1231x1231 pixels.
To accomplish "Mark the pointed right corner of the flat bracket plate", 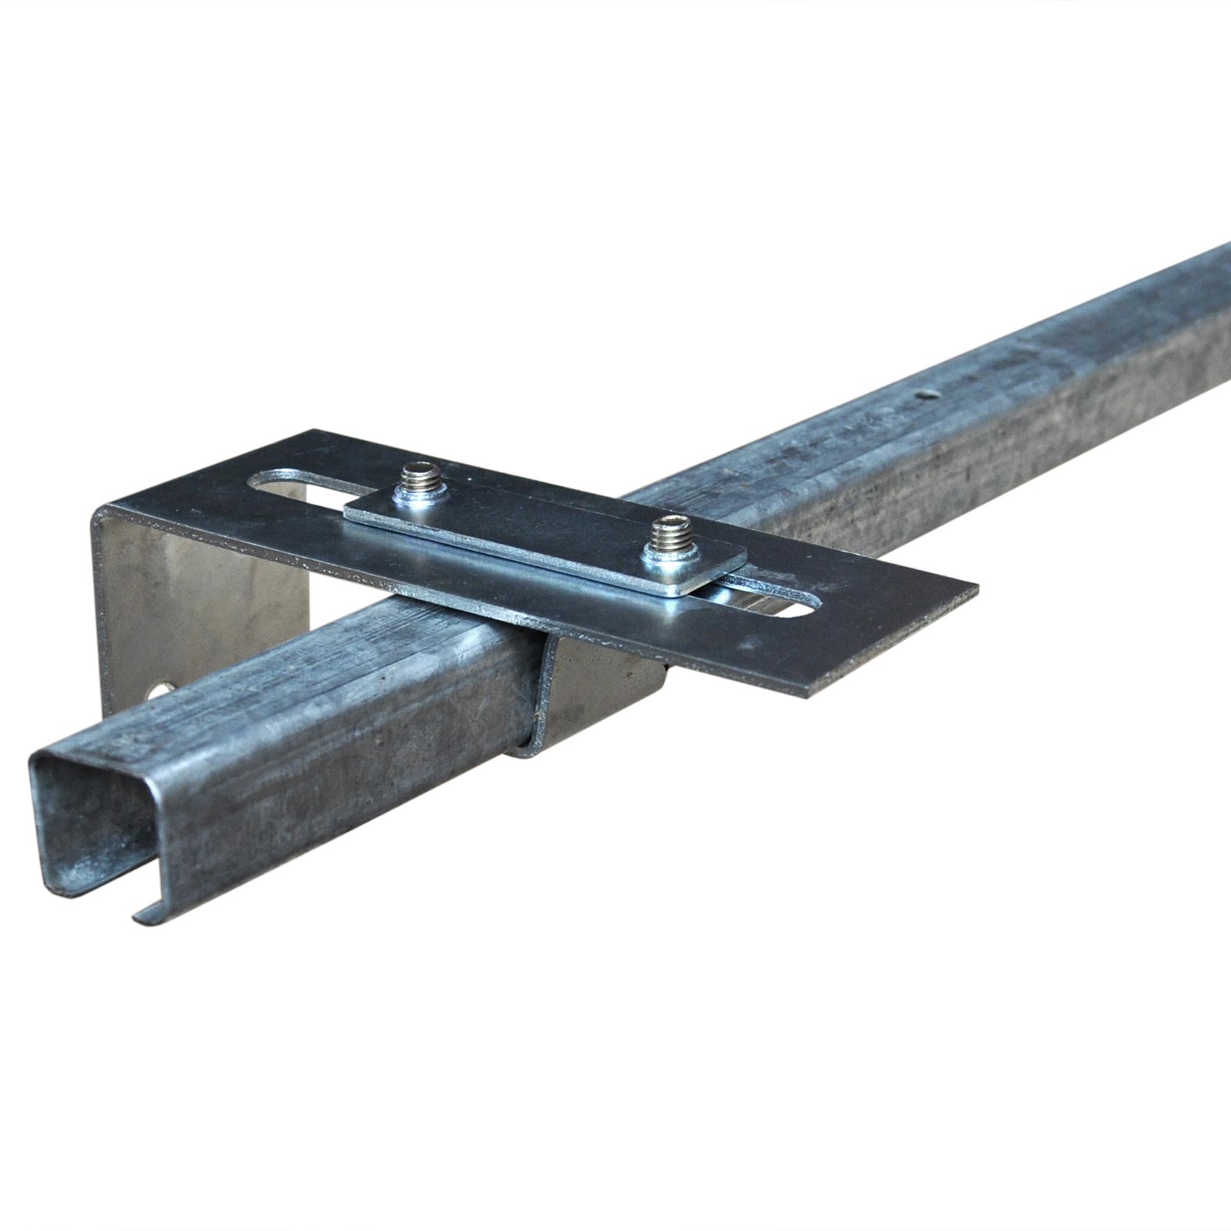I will coord(976,590).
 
